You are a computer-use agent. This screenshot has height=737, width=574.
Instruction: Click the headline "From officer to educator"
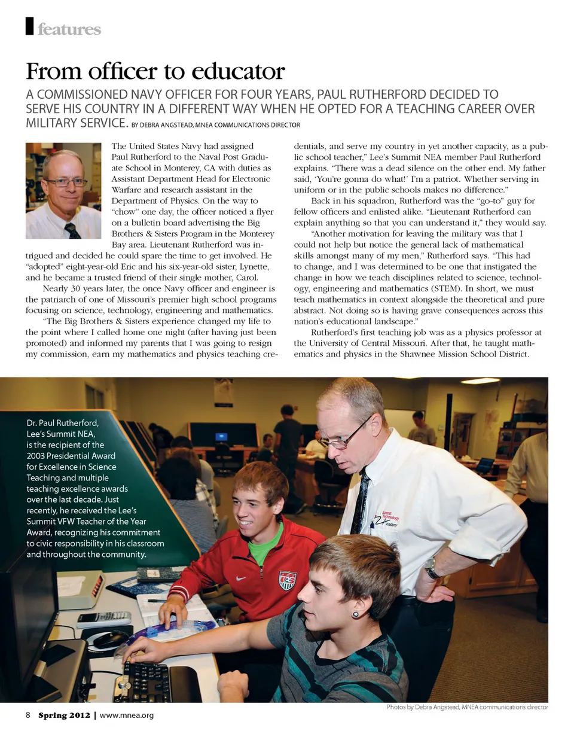[155, 72]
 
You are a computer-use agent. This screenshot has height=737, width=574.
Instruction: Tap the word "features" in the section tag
[69, 29]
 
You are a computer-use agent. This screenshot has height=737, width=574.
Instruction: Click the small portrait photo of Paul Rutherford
[63, 191]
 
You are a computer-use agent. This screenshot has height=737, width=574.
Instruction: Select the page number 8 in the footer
[28, 715]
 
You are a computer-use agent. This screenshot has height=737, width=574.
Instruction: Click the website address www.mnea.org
[127, 715]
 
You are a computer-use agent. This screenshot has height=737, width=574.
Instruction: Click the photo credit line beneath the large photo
[467, 707]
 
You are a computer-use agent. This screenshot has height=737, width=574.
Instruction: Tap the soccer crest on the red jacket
[287, 580]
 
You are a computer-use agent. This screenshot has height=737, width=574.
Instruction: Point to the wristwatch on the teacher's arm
[431, 567]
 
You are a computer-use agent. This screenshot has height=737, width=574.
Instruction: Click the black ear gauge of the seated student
[355, 614]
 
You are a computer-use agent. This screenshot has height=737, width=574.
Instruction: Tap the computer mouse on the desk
[109, 639]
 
